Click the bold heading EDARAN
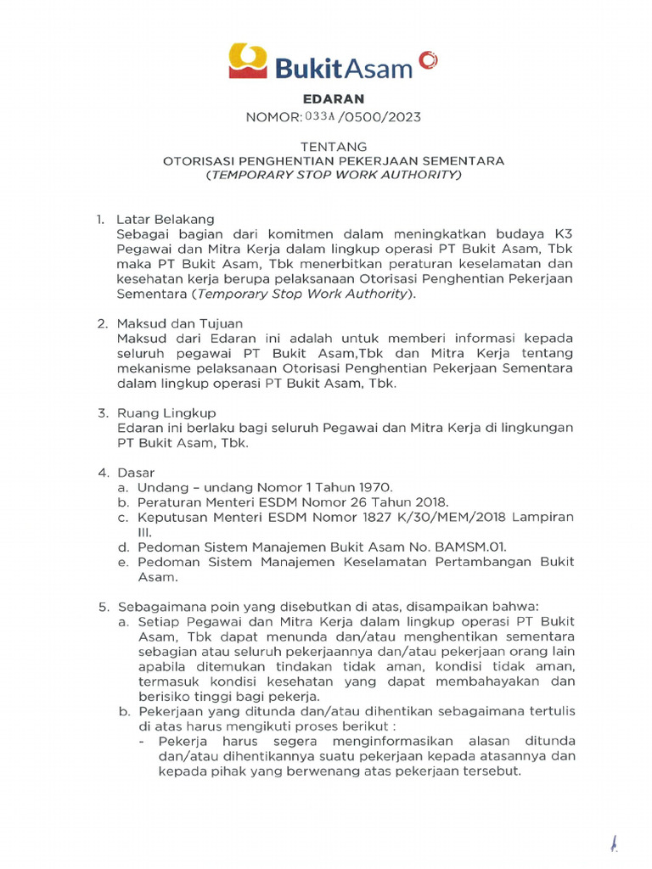[327, 99]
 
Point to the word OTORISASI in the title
[195, 161]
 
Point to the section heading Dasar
[137, 472]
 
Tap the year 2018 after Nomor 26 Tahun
[430, 502]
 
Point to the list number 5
[103, 607]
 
